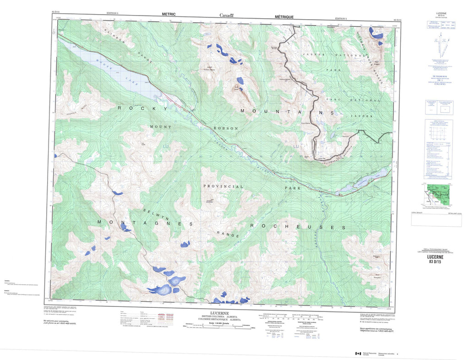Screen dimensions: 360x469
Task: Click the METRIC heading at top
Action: click(x=169, y=14)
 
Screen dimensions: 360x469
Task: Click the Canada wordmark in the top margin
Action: click(x=226, y=15)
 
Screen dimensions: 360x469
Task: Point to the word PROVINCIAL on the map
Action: click(x=224, y=187)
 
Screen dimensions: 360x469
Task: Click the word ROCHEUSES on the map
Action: click(x=297, y=227)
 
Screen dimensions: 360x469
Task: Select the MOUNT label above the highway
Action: click(x=160, y=127)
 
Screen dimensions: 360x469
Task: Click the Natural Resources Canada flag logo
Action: click(x=358, y=354)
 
